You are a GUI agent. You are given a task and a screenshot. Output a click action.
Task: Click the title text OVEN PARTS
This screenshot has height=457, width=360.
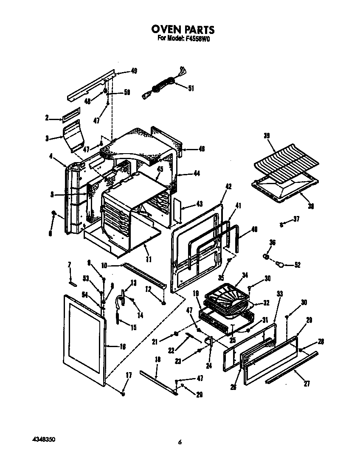point(183,30)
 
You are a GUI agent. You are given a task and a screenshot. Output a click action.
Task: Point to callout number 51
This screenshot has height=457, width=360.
point(191,88)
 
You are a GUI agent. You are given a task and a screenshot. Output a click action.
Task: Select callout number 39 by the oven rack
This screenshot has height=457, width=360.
point(266,136)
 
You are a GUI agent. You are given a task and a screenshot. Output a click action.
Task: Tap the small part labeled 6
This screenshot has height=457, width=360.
point(54,213)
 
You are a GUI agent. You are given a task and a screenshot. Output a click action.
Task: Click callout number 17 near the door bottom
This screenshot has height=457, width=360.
point(129,375)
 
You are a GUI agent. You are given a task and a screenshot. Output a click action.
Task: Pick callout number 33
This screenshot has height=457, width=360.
point(279,294)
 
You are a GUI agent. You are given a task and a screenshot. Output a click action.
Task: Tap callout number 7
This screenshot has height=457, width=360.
point(70,265)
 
